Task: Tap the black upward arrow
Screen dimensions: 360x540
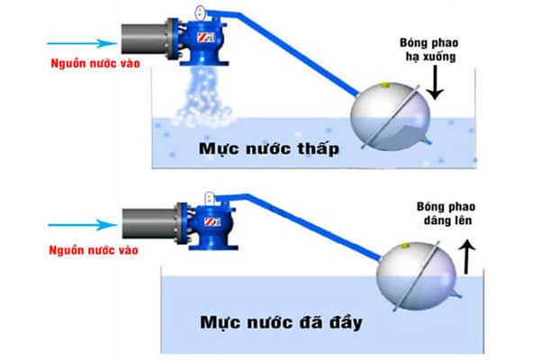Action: (465, 261)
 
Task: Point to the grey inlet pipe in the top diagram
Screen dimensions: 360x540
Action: (142, 41)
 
